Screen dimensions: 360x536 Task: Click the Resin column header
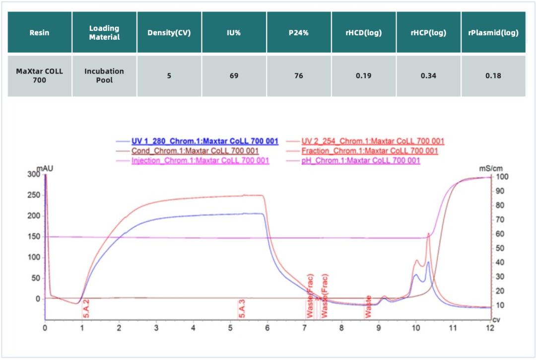[39, 33]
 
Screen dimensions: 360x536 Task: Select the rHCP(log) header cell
[428, 33]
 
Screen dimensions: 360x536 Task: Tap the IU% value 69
[234, 76]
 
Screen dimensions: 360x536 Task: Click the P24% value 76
[299, 76]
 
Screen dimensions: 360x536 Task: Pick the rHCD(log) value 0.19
[364, 76]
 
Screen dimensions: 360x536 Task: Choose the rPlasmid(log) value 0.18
[493, 76]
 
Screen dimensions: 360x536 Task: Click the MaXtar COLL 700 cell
[39, 75]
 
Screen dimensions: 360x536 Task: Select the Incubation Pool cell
[104, 75]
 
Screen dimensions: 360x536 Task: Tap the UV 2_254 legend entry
[373, 141]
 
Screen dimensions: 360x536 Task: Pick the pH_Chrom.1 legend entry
[361, 160]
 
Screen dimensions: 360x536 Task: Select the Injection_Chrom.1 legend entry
[200, 160]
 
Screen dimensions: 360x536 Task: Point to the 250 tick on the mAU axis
[34, 195]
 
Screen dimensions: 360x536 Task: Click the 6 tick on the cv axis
[268, 328]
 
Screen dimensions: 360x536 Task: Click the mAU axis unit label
[46, 168]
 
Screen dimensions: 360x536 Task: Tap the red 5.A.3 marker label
[242, 308]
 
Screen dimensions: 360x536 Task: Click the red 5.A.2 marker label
[86, 308]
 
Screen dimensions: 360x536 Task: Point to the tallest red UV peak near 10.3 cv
[428, 233]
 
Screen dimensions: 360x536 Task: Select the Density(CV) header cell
[169, 33]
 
